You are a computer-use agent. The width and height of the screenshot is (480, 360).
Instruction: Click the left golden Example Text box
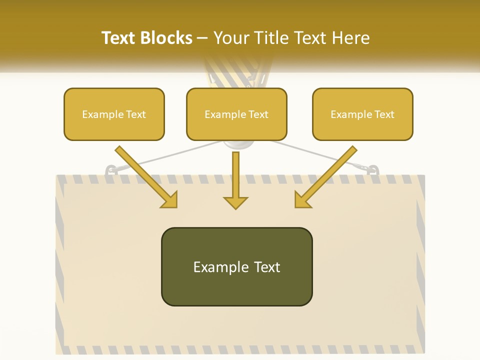(114, 114)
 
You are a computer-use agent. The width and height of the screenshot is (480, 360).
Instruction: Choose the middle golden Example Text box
(236, 114)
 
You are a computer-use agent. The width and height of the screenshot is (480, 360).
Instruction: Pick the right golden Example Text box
(362, 114)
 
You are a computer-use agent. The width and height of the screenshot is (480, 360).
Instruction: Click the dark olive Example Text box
(236, 266)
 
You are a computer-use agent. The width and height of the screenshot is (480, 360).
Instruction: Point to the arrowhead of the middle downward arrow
(235, 202)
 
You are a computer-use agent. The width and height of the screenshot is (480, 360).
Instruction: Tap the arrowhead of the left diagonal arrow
(169, 200)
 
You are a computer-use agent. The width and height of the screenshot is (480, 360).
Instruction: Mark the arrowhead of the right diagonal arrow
(302, 200)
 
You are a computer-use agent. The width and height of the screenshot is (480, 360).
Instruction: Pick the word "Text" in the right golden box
(384, 114)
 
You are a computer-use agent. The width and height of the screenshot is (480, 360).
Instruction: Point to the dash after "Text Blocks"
(202, 38)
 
